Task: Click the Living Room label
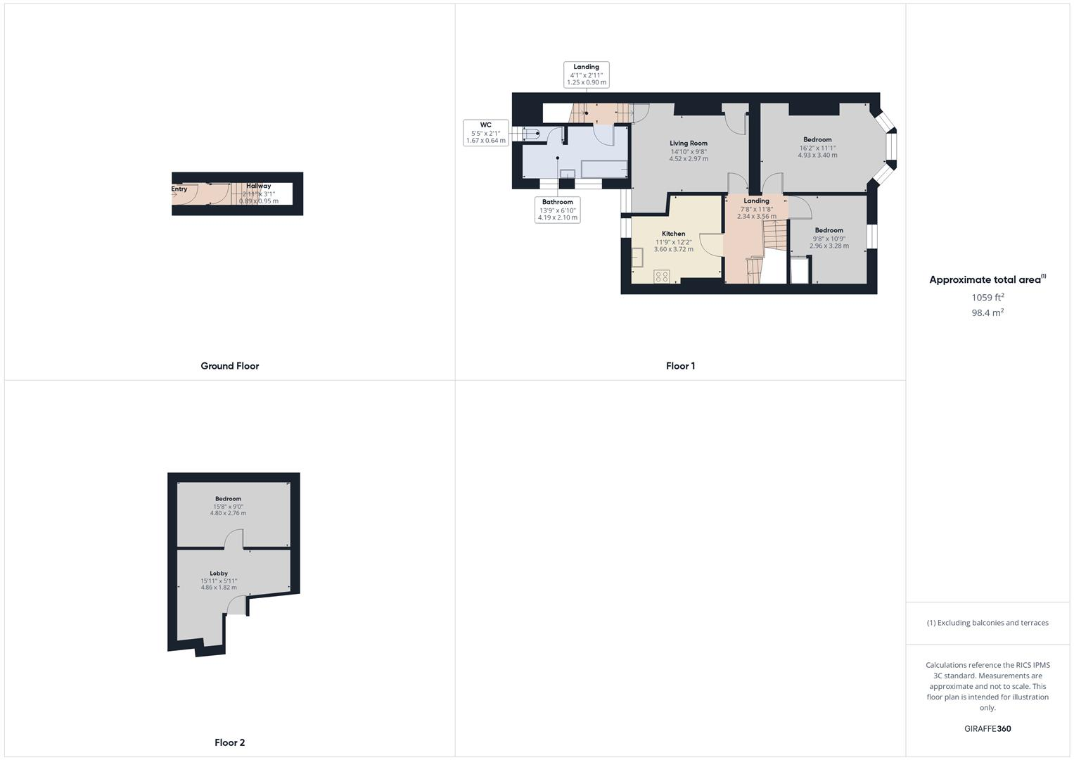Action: point(688,143)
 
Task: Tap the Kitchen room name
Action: point(673,234)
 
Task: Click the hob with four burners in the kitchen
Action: point(662,276)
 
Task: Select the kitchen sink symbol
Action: point(638,257)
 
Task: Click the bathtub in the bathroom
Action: point(603,169)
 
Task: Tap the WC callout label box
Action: point(485,132)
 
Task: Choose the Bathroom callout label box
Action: point(558,210)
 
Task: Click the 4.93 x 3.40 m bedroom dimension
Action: point(817,156)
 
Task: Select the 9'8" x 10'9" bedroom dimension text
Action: point(829,239)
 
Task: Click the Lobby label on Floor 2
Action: point(219,574)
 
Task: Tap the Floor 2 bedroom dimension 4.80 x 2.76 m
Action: point(228,514)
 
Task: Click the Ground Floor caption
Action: point(230,366)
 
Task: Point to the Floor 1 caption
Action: point(680,366)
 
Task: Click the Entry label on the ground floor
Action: point(179,189)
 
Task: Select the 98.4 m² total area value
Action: point(987,313)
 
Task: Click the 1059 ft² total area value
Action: point(987,298)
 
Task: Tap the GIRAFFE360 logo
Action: point(987,729)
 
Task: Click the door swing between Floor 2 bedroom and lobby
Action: point(234,540)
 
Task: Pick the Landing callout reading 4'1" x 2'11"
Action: point(586,75)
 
